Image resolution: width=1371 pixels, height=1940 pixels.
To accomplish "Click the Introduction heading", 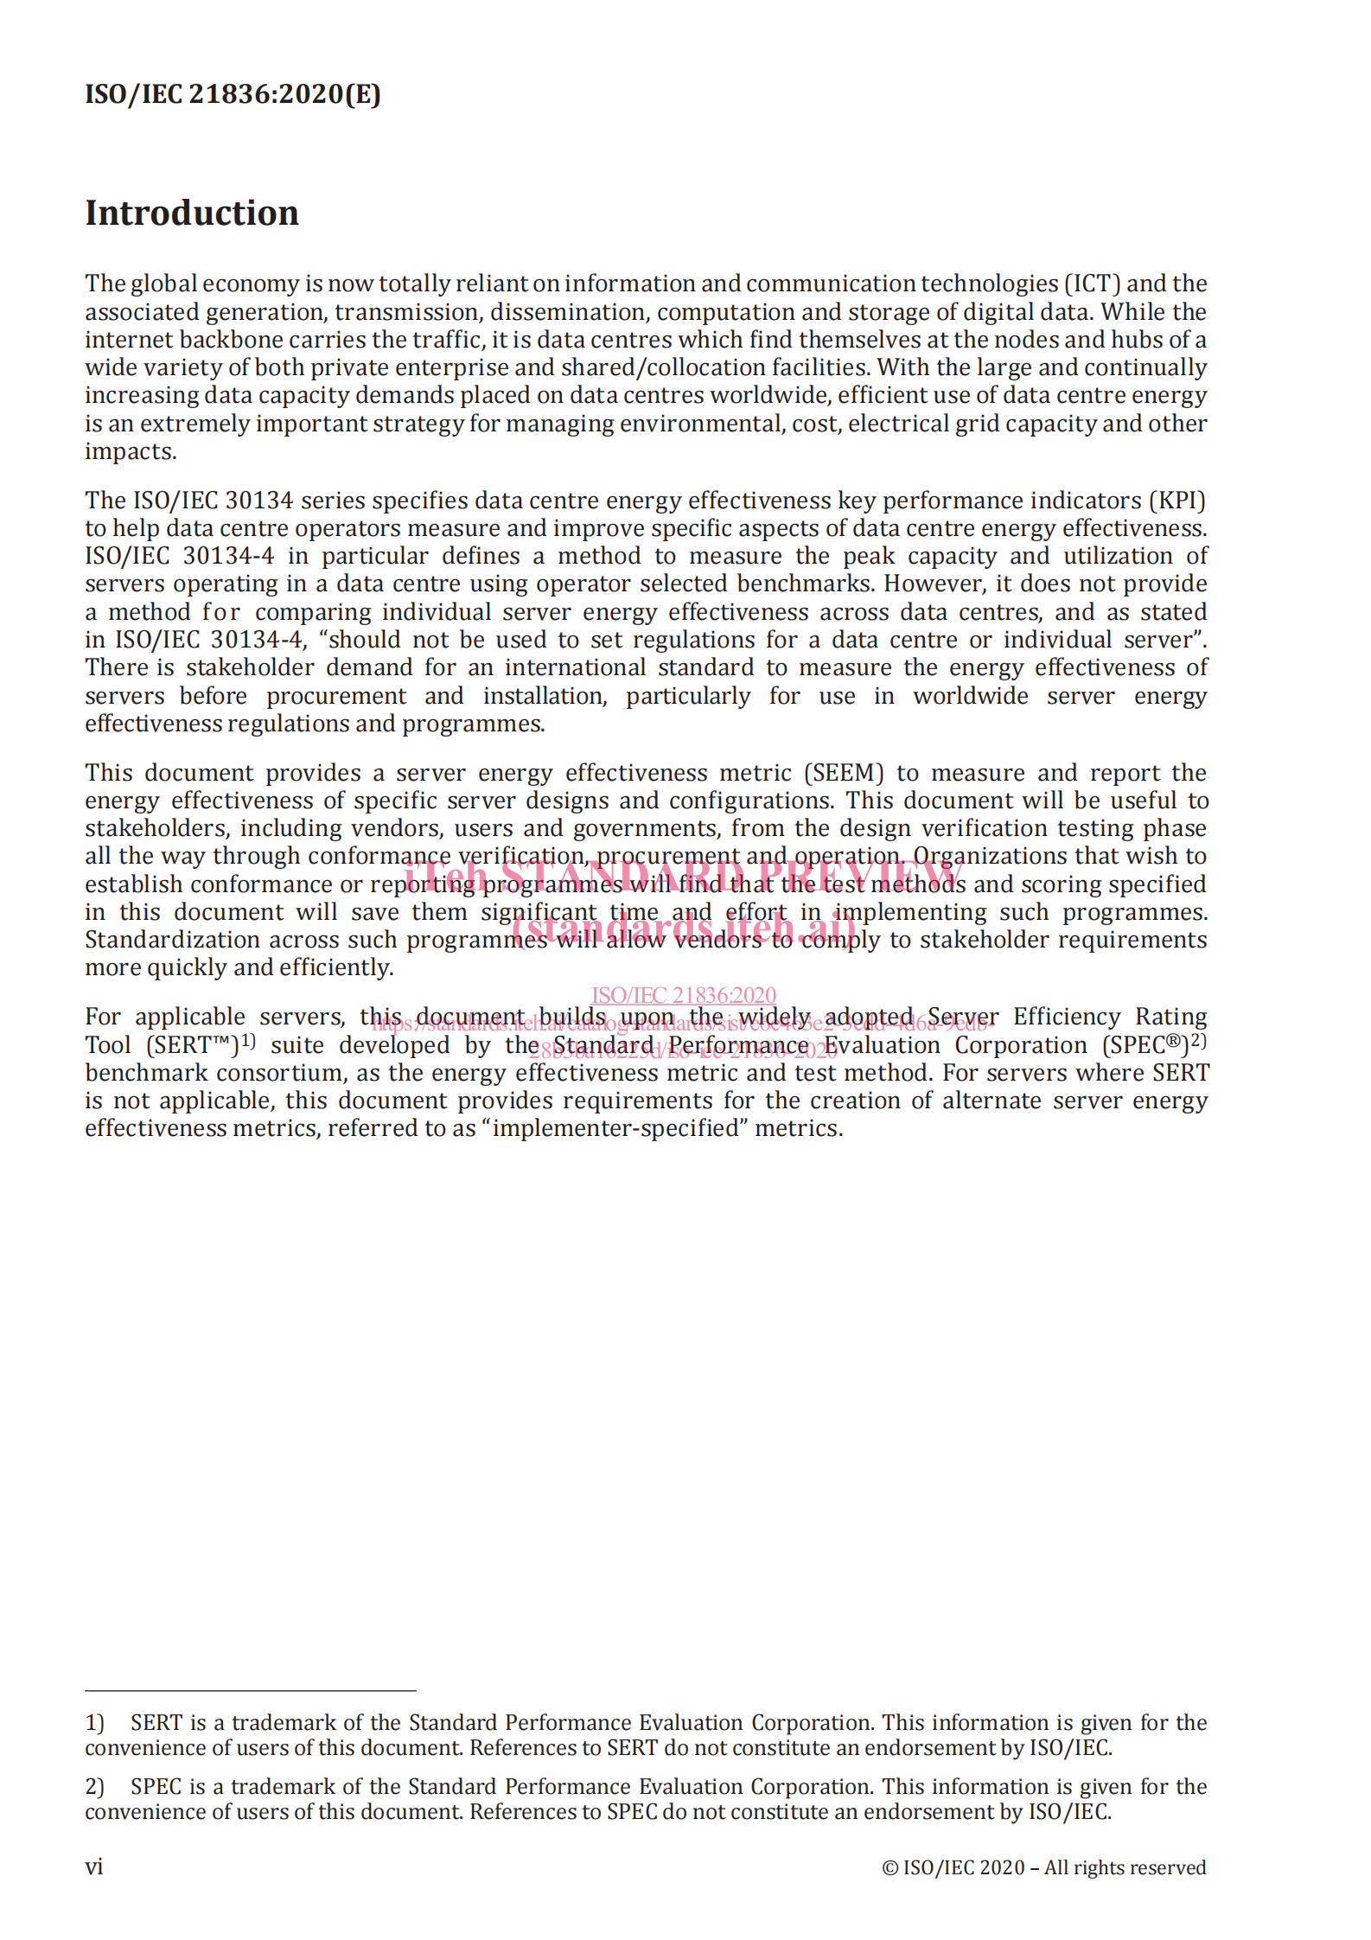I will tap(192, 213).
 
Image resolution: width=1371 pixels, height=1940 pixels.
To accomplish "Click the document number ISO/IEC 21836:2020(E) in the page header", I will tap(233, 93).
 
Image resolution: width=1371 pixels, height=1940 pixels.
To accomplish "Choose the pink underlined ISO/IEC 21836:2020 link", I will tap(683, 995).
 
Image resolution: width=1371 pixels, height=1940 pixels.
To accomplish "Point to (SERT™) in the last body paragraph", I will tap(193, 1045).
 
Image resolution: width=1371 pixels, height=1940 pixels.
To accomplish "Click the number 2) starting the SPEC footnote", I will tap(94, 1787).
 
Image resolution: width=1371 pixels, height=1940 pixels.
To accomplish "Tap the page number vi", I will tap(94, 1867).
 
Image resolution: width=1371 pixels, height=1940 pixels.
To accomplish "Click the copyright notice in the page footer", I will tap(1043, 1867).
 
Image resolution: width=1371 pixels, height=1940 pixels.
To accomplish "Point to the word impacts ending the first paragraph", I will tap(130, 452).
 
